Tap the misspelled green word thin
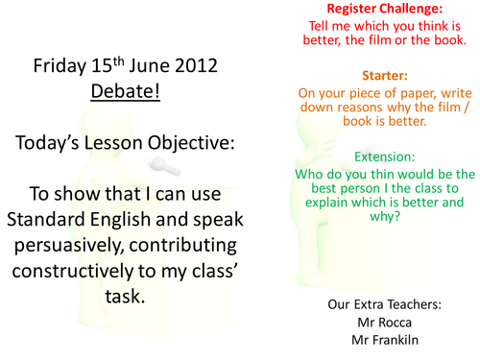[x=372, y=174]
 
